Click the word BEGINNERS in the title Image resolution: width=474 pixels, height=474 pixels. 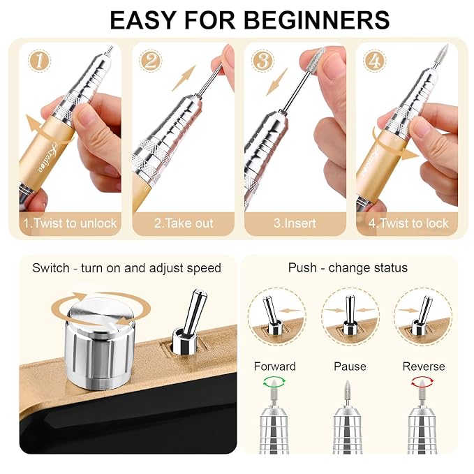pos(316,20)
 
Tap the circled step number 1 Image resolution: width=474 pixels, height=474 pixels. pos(39,61)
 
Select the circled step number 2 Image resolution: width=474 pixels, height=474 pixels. pos(151,61)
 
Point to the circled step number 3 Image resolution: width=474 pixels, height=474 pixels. pos(262,61)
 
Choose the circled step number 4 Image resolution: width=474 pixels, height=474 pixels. pos(375,61)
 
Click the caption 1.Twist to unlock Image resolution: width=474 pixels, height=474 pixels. pos(70,223)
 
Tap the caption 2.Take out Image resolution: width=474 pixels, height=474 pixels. pos(184,223)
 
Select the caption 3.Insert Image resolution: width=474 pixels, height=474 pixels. pos(295,223)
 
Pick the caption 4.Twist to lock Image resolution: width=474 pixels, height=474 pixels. pos(408,223)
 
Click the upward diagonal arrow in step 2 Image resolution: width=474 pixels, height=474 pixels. pos(184,78)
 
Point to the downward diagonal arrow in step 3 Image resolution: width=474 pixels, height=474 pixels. pos(276,82)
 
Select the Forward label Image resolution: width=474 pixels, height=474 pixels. pos(275,366)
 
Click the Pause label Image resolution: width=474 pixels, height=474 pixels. pos(350,366)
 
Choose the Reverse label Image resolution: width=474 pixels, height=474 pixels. pos(424,366)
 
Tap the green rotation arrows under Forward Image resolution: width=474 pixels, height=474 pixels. pos(274,381)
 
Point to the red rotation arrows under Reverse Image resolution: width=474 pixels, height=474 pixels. pos(422,381)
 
